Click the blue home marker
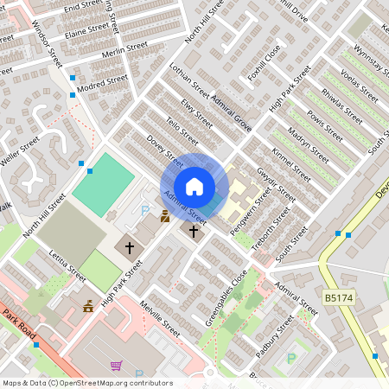[194, 187]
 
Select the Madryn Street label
[308, 145]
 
